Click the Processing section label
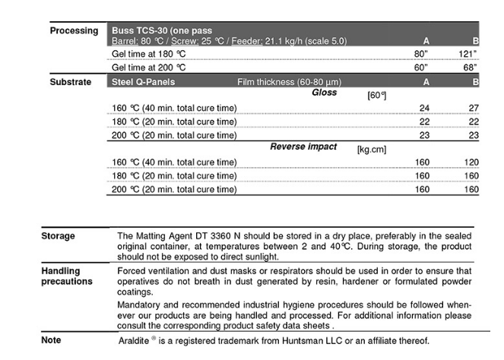tap(74, 31)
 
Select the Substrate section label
tap(71, 81)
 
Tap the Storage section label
tap(58, 236)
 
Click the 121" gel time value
tap(468, 54)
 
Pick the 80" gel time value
tap(421, 54)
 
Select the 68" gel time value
tap(470, 68)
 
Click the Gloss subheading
tap(325, 93)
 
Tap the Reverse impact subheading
tap(303, 147)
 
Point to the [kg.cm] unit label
tap(372, 150)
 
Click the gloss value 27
tap(474, 108)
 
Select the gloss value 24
tap(424, 108)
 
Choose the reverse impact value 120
tap(471, 162)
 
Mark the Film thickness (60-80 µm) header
tap(289, 81)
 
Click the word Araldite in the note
tap(135, 341)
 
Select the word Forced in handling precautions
tap(133, 270)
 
